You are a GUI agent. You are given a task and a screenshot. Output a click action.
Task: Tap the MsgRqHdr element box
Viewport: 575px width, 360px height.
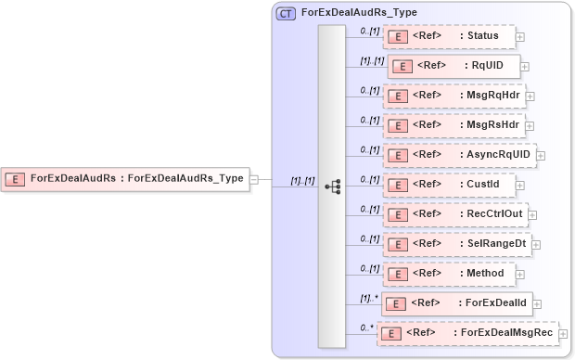coord(454,95)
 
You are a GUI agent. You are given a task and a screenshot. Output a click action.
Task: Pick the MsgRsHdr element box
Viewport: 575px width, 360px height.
coord(454,123)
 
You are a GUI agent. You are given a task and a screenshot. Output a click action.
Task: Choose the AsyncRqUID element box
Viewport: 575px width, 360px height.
coord(459,154)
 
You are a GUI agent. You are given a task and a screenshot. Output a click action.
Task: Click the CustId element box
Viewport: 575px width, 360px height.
coord(449,184)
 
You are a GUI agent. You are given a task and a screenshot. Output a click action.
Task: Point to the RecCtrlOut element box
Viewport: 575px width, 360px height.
coord(454,214)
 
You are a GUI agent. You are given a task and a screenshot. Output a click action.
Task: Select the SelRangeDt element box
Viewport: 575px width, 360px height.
coord(456,243)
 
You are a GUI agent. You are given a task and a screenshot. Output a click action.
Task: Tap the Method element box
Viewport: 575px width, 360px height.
coord(450,273)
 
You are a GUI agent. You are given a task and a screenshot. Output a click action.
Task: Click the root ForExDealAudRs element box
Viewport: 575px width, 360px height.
coord(126,178)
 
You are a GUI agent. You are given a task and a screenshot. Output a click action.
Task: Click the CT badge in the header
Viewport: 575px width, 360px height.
coord(286,14)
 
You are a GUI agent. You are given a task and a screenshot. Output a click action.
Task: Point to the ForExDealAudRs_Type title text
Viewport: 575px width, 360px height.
coord(359,14)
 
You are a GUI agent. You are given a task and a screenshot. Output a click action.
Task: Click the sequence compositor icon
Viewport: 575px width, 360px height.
coord(333,186)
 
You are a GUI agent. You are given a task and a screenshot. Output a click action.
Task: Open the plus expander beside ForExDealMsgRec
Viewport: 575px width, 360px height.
coord(563,333)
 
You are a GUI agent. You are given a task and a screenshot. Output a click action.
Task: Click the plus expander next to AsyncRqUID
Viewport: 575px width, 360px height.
coord(541,155)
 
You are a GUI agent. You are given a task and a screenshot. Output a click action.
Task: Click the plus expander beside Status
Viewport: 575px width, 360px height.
coord(520,37)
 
